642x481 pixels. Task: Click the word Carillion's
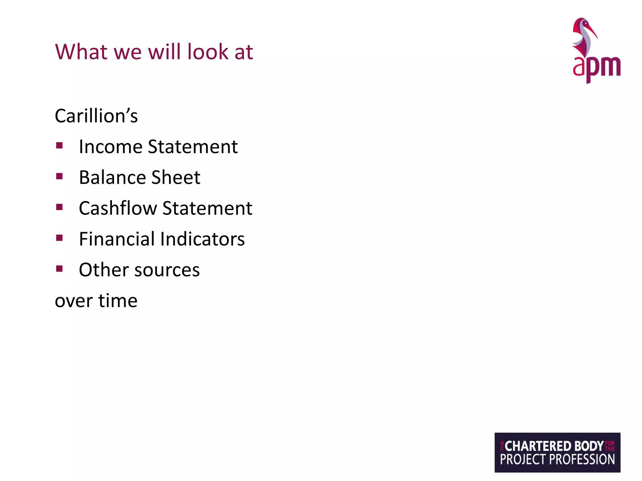(x=96, y=116)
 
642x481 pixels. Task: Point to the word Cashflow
(x=118, y=208)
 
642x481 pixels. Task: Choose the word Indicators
(x=203, y=239)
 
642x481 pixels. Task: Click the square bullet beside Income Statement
(x=60, y=145)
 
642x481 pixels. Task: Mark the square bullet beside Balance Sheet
(x=60, y=176)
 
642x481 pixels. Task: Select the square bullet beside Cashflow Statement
(x=60, y=207)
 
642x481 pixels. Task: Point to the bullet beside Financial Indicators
(x=60, y=238)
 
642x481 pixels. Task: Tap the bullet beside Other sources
(x=60, y=269)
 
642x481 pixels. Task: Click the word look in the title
(x=208, y=52)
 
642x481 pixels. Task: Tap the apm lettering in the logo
(x=597, y=67)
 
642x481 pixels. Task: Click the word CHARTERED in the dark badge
(x=538, y=446)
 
